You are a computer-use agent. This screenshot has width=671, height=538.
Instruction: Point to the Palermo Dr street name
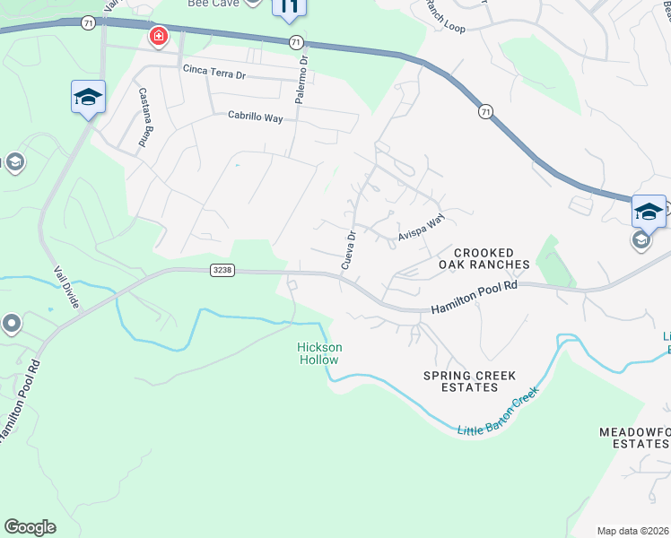point(302,80)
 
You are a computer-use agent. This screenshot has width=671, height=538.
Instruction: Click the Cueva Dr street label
point(349,249)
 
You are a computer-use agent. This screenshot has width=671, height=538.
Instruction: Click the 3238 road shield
point(222,270)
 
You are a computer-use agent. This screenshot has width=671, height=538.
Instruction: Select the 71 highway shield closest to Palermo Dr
point(295,41)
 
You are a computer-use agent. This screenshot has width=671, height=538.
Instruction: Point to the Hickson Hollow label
point(318,353)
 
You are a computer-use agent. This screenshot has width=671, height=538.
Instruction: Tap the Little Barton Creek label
point(500,413)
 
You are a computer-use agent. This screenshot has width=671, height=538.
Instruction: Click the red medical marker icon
point(158,36)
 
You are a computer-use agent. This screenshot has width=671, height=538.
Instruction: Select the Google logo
point(30,527)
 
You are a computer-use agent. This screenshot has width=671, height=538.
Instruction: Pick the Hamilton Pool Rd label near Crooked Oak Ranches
point(475,296)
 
